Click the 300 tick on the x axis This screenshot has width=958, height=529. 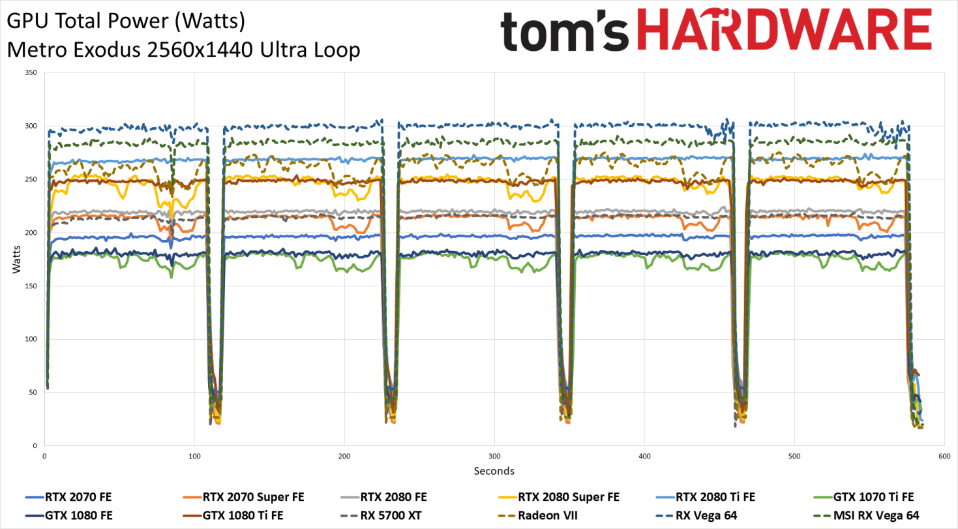pyautogui.click(x=494, y=456)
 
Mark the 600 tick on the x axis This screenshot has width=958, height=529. pyautogui.click(x=944, y=456)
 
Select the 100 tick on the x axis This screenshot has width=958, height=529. pyautogui.click(x=194, y=456)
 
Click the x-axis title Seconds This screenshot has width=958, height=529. pyautogui.click(x=494, y=471)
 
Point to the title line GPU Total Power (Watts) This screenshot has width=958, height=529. pyautogui.click(x=126, y=22)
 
